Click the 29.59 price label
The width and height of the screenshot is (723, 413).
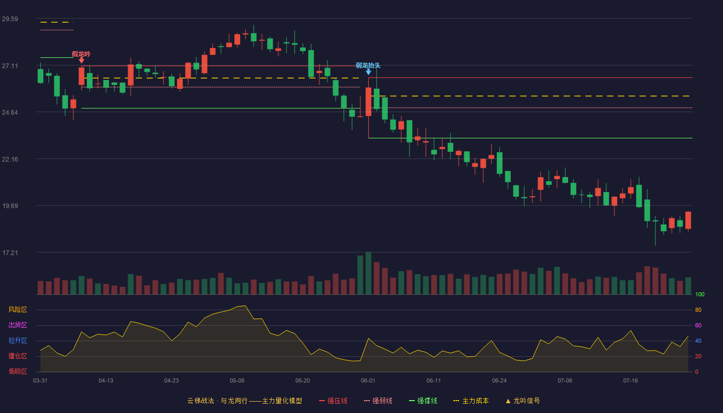tap(10, 19)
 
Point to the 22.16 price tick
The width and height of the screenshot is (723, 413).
tap(10, 159)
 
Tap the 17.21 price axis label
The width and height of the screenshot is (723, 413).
tap(10, 252)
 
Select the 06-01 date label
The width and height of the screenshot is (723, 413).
tap(368, 381)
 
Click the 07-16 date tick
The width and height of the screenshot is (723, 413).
tap(631, 381)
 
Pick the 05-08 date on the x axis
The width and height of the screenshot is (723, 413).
tap(237, 381)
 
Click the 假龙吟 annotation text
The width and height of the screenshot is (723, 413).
tap(81, 54)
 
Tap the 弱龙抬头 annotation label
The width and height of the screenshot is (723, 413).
tap(368, 66)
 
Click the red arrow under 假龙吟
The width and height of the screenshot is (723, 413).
tap(82, 60)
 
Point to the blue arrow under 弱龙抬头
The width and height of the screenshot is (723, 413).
tap(368, 72)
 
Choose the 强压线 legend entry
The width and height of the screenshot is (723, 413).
tap(334, 401)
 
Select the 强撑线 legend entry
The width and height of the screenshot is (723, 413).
tap(423, 401)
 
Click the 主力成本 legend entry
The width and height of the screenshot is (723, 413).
tap(471, 401)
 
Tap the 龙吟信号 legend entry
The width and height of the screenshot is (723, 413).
tap(523, 401)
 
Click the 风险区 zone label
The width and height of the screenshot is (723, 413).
tap(18, 310)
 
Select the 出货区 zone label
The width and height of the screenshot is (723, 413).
tap(18, 325)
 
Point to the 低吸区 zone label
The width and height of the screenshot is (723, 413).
tap(18, 371)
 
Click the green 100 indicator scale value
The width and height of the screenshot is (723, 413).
tap(700, 294)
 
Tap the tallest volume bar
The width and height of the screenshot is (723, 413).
tap(368, 273)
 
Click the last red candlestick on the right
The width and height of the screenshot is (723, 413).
tap(688, 220)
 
